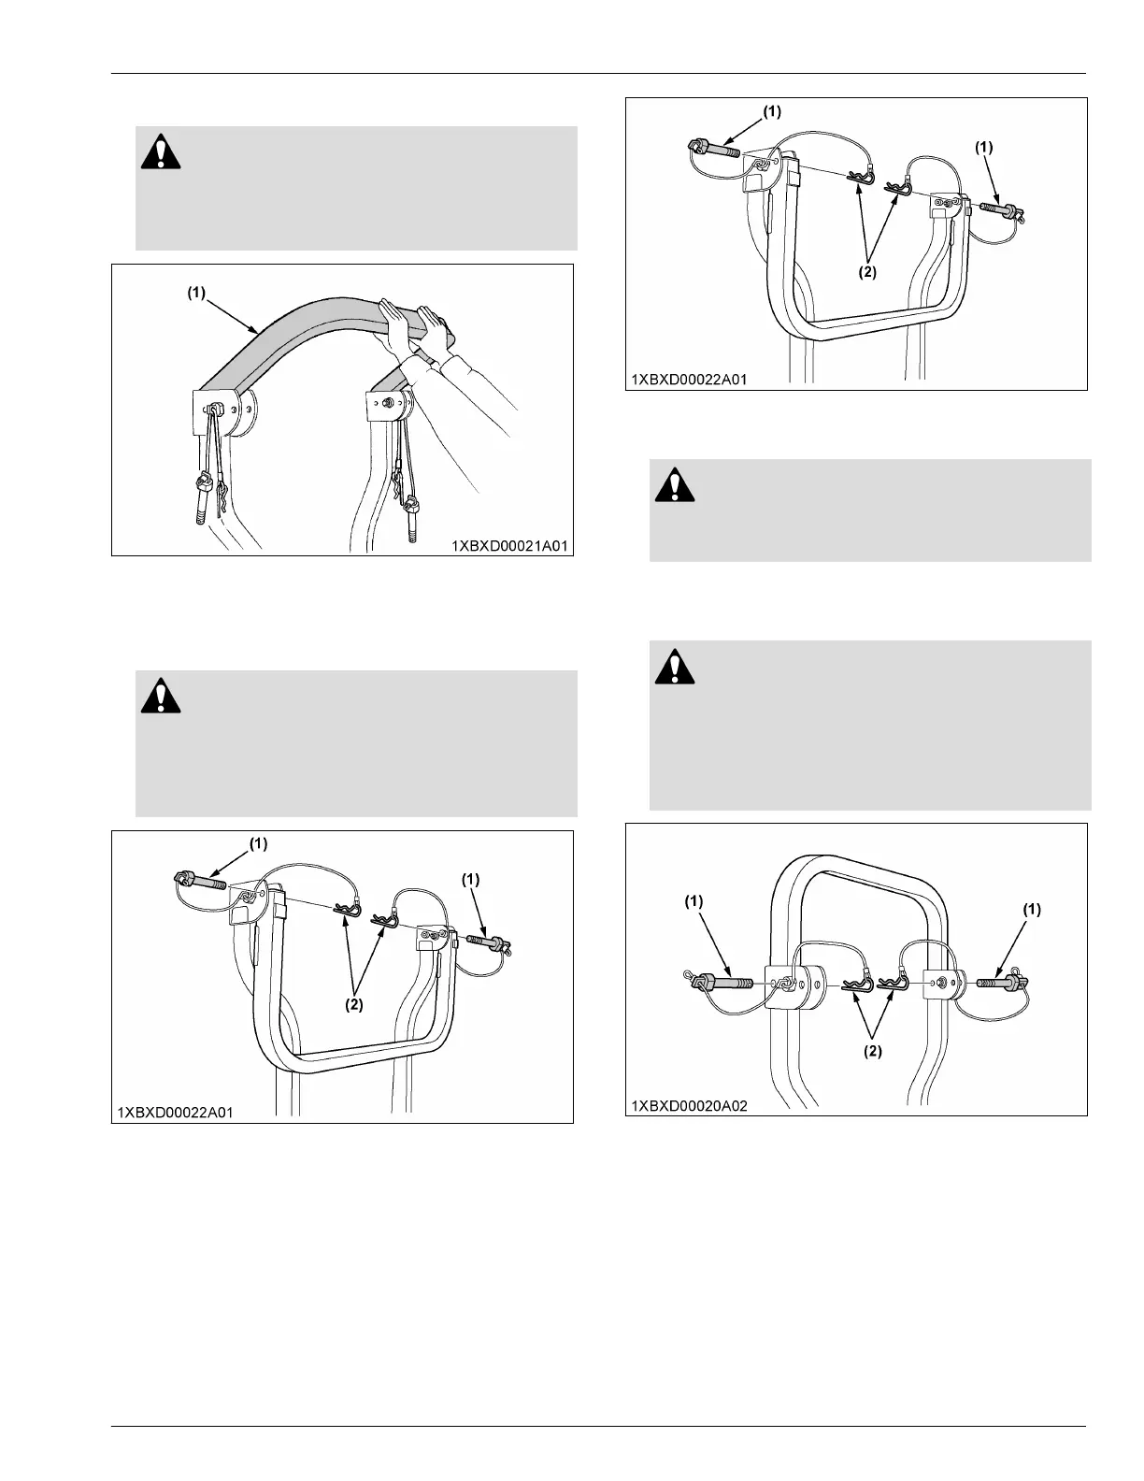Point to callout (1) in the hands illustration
tap(195, 292)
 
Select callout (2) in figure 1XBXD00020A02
tap(870, 1051)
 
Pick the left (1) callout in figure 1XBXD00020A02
tap(693, 901)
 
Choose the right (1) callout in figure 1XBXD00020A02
tap(1032, 909)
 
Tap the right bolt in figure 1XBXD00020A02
tap(1001, 983)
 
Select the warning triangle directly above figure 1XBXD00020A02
tap(673, 667)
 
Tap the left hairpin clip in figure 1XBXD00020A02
tap(857, 985)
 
